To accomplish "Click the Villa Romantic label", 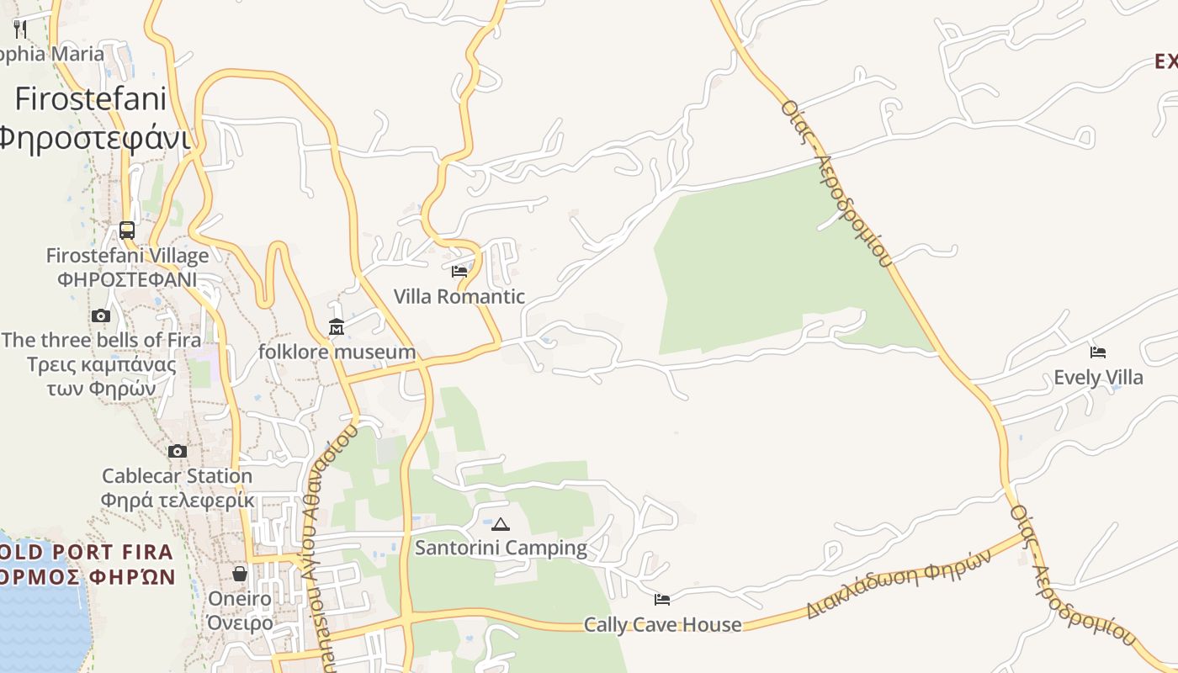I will point(459,296).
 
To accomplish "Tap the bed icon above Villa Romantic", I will point(459,271).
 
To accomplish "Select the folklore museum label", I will point(337,352).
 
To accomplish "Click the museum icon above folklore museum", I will point(337,326).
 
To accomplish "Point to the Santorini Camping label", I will point(501,548).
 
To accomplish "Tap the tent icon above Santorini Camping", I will point(501,524).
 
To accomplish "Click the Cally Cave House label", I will point(663,624).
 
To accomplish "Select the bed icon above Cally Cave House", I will point(662,599).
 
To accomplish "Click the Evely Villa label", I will point(1098,377).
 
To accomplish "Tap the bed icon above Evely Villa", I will point(1098,352).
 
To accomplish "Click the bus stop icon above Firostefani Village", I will point(127,230).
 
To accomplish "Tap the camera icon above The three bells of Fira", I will point(101,315).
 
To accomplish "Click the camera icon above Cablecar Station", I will point(177,451).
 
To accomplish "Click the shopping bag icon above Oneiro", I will point(240,574).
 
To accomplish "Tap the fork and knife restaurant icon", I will point(21,29).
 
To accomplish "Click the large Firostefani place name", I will point(91,99).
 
